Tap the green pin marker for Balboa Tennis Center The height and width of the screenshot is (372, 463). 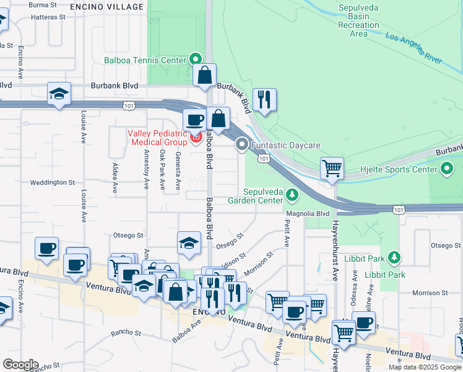[x=196, y=60]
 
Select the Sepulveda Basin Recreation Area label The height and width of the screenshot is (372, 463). [x=358, y=20]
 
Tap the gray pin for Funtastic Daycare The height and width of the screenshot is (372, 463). [x=241, y=145]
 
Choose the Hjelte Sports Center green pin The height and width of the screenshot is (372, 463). [x=448, y=169]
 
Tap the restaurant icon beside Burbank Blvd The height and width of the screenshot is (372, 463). [x=264, y=99]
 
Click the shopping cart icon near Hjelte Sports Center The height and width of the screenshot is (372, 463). [x=332, y=168]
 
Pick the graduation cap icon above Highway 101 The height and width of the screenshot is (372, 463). [x=59, y=94]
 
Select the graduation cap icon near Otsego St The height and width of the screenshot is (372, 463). [x=189, y=243]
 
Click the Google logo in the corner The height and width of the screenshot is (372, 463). [x=20, y=365]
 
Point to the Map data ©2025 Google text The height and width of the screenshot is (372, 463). [x=424, y=367]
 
